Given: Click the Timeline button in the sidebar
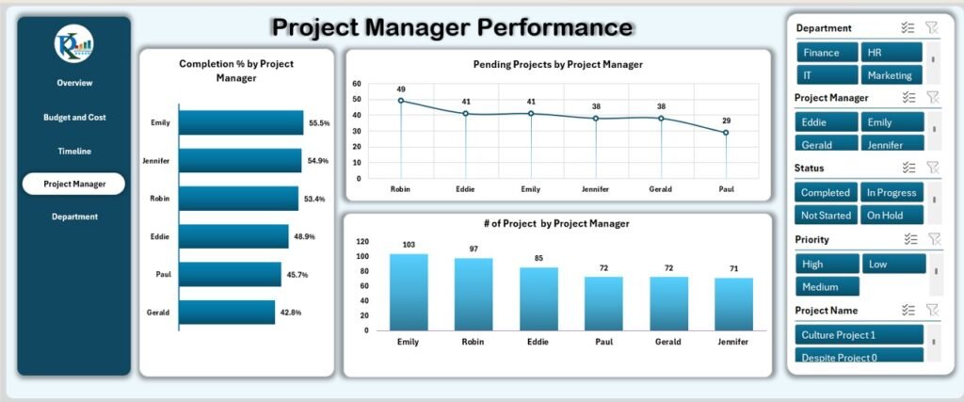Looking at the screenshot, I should point(73,151).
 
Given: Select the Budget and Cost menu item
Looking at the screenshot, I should point(73,118).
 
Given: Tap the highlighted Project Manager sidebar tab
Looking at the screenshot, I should point(73,184).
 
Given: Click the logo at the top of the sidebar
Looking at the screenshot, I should point(73,45).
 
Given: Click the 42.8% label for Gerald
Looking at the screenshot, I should point(291,313).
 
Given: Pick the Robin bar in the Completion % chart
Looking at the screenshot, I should point(238,199).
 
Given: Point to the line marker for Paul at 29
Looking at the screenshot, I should point(726,133).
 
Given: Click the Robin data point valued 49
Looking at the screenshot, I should point(401,101).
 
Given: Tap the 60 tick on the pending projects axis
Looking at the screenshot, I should point(357,84).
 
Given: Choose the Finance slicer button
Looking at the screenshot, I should point(827,53).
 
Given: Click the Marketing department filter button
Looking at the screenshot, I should point(891,75).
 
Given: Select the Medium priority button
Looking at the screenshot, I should point(827,286).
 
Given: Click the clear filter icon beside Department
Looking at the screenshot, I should point(933,28).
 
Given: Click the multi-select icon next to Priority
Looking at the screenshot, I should point(908,240).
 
